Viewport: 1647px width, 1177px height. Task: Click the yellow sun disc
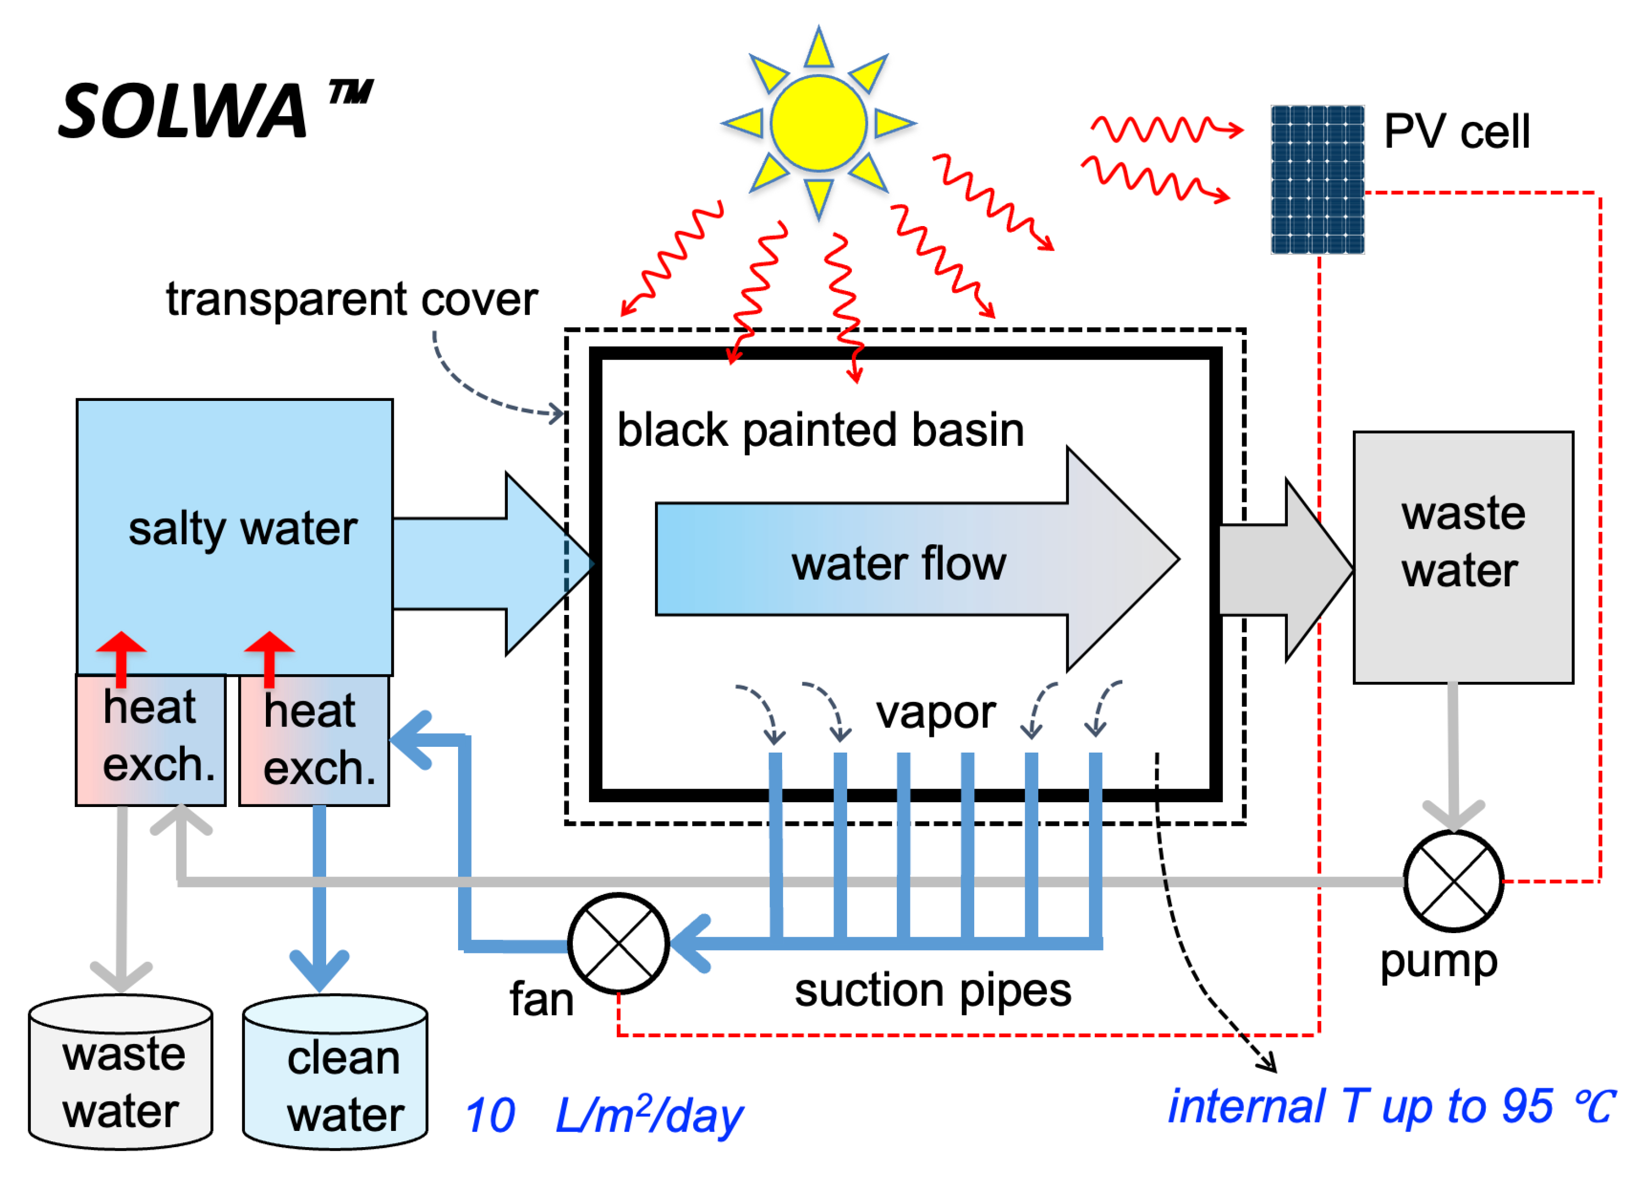click(818, 123)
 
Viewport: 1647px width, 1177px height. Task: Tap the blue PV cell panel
click(1317, 179)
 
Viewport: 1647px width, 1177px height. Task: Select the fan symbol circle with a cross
click(618, 943)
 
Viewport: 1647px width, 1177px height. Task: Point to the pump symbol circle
click(1453, 881)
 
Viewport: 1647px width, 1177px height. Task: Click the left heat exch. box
click(151, 739)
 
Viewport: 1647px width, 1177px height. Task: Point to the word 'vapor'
click(935, 712)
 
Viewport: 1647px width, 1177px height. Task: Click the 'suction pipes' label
click(932, 991)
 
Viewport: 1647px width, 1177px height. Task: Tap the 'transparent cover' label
click(352, 299)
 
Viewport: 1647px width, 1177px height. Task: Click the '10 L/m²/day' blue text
click(603, 1114)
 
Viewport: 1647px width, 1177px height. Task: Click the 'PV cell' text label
click(1456, 131)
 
